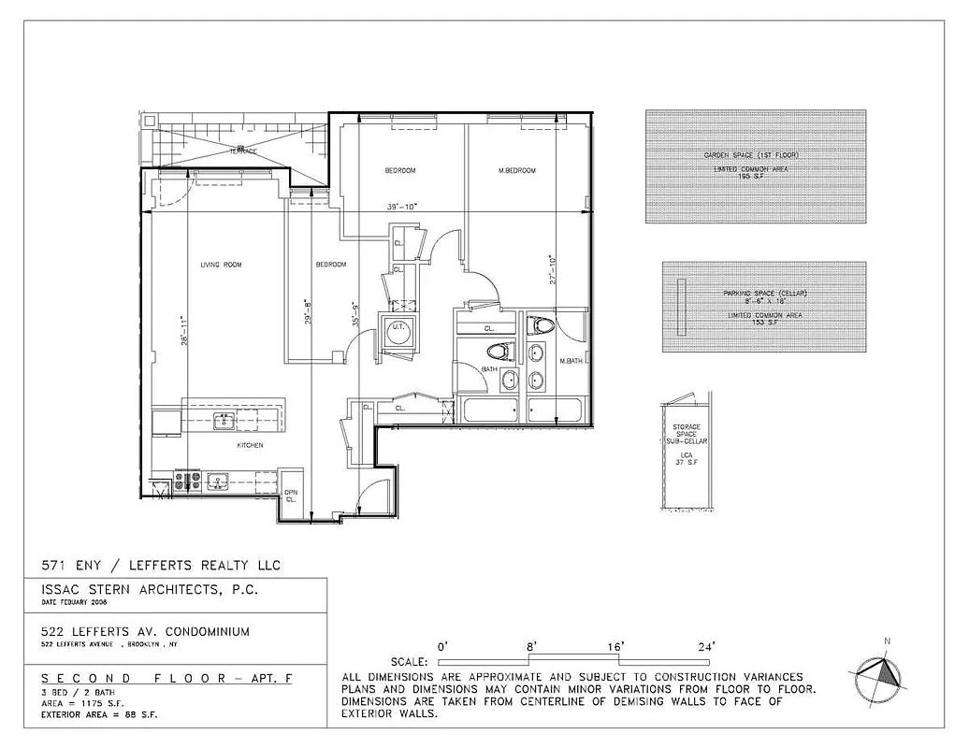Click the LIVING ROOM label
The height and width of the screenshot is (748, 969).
221,265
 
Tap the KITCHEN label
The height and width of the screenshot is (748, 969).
250,445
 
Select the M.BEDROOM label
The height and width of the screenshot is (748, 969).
516,170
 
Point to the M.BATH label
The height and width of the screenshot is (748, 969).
571,361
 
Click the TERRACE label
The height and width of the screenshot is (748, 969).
243,151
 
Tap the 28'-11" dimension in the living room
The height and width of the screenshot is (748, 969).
185,332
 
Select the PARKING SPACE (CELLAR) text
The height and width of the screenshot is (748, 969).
764,294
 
